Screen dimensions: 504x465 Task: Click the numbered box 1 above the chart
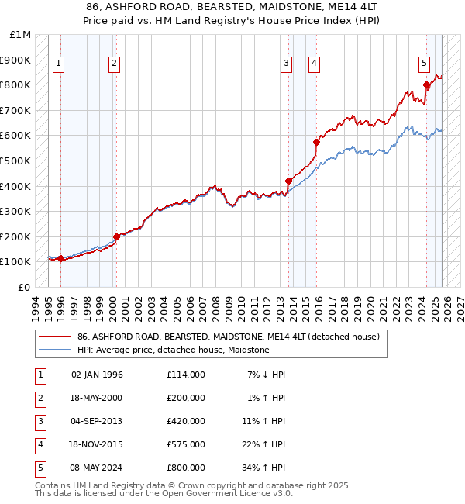coord(60,64)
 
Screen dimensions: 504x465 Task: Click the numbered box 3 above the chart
coord(287,64)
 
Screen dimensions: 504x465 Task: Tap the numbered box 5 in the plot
coord(425,64)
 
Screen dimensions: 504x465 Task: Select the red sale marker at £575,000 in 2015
coord(316,142)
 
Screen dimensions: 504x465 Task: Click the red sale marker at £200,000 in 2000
coord(116,236)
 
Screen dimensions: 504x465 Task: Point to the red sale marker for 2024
coord(426,85)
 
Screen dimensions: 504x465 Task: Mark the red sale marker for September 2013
coord(288,181)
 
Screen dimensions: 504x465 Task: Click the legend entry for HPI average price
coord(173,350)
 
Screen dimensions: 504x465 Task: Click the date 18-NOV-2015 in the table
coord(97,444)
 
